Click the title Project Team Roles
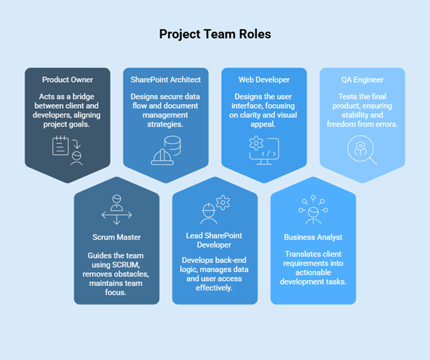tap(214, 34)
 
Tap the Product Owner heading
tap(67, 80)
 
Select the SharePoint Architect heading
tap(165, 80)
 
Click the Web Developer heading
tap(264, 80)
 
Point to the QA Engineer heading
tap(362, 80)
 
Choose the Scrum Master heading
tap(116, 237)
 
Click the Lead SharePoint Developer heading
tap(215, 240)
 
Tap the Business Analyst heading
tap(313, 237)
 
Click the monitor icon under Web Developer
tap(264, 151)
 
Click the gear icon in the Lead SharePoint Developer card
tap(222, 202)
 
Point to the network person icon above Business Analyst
tap(313, 209)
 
